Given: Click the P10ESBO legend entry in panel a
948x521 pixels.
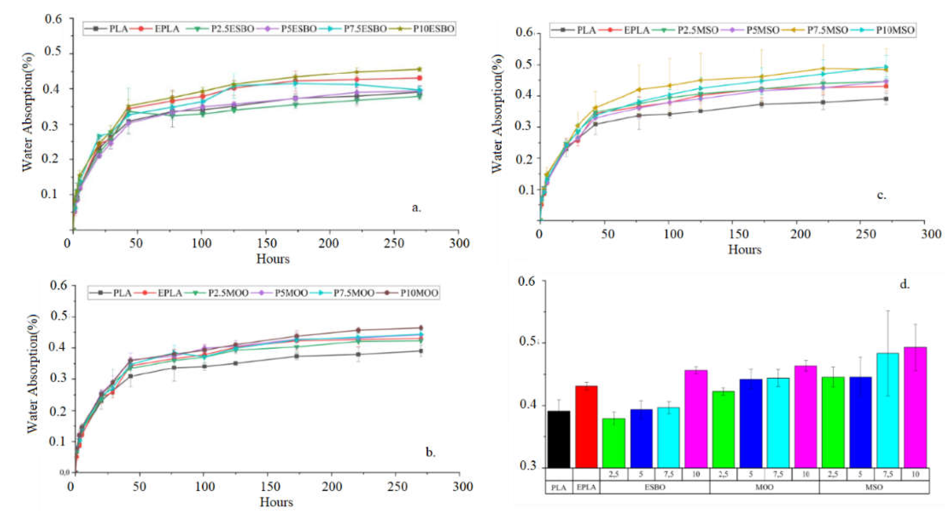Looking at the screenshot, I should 433,29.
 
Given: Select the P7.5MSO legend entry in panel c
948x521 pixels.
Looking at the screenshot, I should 827,30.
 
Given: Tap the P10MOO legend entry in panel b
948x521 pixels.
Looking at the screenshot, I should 419,293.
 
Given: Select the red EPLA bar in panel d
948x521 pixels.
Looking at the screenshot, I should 586,427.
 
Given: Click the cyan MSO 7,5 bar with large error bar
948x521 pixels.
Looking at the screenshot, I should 888,410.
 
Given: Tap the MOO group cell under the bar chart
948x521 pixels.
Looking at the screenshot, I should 764,487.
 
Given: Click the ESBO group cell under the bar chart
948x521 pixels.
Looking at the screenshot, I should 655,487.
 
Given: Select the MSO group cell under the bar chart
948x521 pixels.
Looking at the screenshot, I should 874,487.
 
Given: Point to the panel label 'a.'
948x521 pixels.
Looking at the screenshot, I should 416,208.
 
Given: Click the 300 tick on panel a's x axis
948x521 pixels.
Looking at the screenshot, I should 459,243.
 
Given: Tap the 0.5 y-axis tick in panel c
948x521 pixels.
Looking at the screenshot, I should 525,65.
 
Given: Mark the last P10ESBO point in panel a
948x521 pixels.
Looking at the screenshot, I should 419,69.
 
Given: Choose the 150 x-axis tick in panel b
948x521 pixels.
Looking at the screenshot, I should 271,487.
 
